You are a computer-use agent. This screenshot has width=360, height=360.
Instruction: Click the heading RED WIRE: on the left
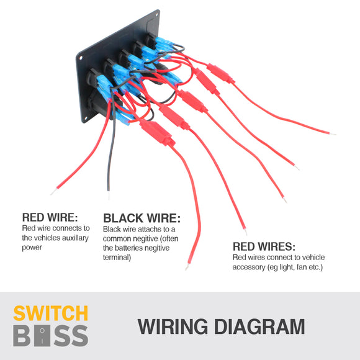pyautogui.click(x=49, y=217)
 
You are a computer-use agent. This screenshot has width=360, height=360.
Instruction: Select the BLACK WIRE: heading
pyautogui.click(x=142, y=218)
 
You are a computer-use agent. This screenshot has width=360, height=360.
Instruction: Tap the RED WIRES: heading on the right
pyautogui.click(x=264, y=246)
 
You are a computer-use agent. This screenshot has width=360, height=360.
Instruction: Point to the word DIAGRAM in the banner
pyautogui.click(x=261, y=326)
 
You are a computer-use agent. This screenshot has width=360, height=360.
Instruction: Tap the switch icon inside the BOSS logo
pyautogui.click(x=41, y=336)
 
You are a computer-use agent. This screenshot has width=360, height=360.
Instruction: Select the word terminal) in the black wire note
pyautogui.click(x=117, y=257)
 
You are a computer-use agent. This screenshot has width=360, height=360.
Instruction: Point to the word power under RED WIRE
pyautogui.click(x=32, y=247)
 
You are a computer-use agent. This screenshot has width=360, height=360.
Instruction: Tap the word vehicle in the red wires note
pyautogui.click(x=312, y=258)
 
